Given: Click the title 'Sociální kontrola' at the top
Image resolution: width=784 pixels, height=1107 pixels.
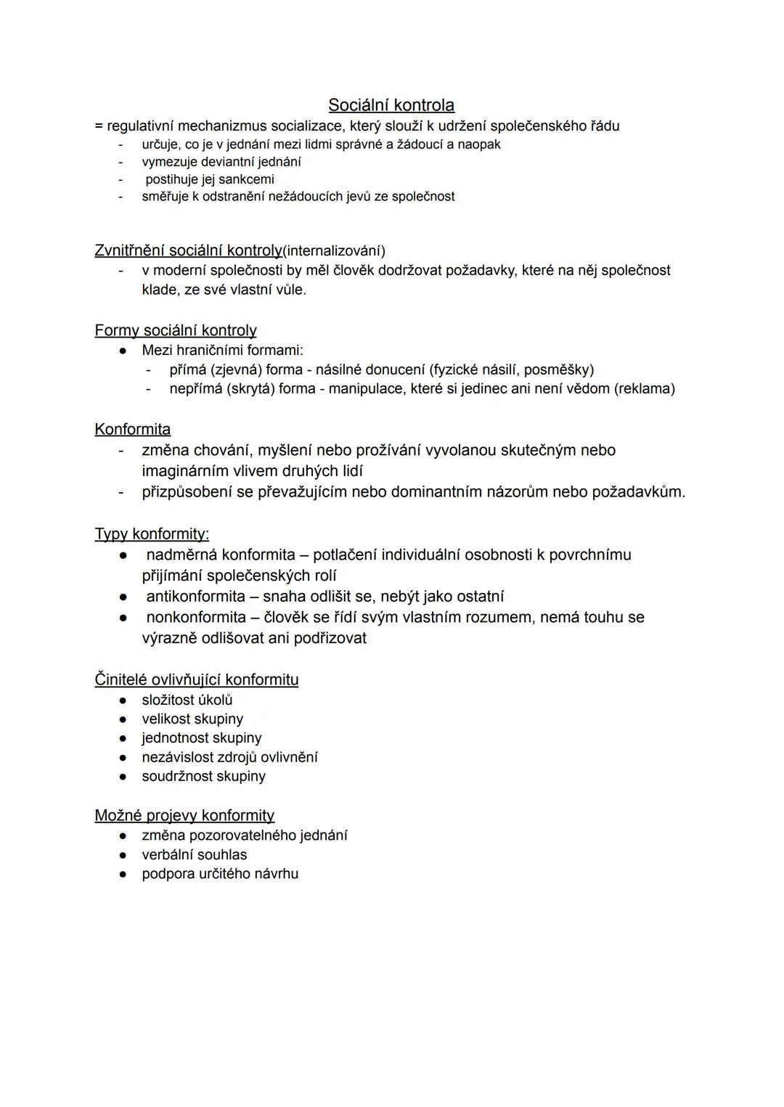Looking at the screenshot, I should [391, 105].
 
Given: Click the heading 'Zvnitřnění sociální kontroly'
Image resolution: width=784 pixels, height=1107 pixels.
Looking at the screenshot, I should [188, 250].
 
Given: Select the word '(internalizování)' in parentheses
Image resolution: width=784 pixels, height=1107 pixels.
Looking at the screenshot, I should [334, 251].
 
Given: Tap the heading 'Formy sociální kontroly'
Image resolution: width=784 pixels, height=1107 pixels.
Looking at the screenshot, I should [176, 331].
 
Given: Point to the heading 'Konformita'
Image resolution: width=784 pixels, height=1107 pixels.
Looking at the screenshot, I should [133, 430].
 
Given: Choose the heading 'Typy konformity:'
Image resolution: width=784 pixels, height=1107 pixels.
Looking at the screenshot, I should [152, 534].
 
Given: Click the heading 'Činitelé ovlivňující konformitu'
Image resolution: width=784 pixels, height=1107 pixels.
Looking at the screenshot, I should [197, 680].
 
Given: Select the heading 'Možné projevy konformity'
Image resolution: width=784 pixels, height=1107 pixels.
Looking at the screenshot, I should [184, 816].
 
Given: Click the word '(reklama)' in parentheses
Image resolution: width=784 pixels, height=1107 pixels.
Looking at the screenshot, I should [645, 389].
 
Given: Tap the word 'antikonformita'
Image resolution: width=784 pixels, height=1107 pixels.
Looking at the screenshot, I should [196, 597].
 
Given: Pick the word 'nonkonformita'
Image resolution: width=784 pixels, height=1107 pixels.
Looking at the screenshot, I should [196, 618].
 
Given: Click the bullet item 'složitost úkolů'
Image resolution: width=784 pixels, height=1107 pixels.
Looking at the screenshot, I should [187, 700].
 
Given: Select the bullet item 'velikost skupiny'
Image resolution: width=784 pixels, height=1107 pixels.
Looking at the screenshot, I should [192, 719].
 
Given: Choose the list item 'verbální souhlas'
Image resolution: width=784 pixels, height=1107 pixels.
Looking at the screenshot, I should [195, 855].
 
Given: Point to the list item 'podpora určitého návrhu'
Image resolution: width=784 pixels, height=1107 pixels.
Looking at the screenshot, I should [220, 874].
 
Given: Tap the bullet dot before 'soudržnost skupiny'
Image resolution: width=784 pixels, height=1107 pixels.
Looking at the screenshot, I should [124, 777].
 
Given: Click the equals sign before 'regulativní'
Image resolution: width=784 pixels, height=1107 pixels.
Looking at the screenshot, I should [99, 126].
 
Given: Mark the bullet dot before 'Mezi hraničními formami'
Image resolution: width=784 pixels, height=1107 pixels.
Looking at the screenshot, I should [124, 351].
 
